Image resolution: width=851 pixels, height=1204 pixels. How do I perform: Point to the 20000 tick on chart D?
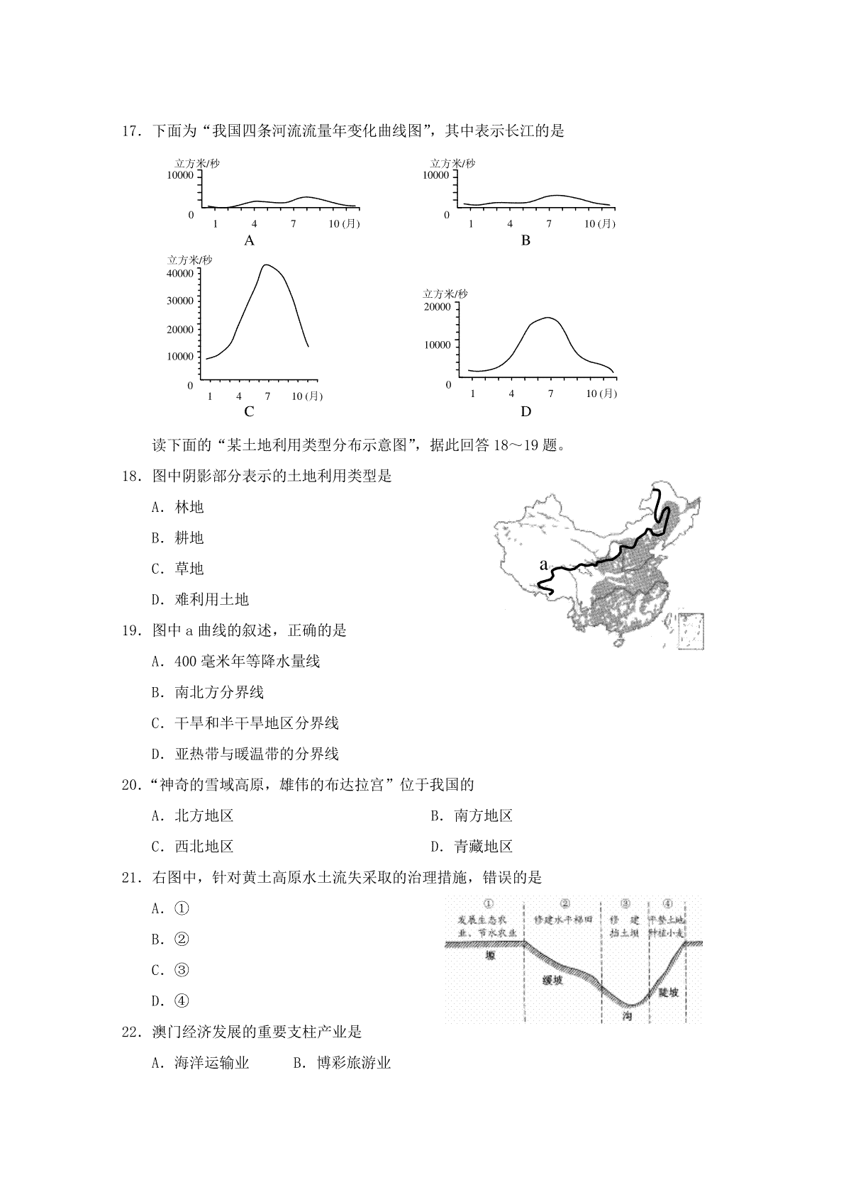tap(437, 306)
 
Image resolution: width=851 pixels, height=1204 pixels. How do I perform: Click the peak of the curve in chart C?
tap(266, 265)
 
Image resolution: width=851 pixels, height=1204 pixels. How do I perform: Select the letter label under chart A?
tap(249, 240)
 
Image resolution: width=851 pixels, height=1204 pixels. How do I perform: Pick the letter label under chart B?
tap(525, 240)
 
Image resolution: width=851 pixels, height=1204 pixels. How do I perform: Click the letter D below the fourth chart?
tap(525, 411)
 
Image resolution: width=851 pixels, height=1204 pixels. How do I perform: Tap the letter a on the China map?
tap(543, 564)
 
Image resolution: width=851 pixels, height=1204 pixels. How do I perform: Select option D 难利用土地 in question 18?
tap(201, 600)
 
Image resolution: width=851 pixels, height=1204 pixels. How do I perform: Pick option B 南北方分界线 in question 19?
tap(208, 692)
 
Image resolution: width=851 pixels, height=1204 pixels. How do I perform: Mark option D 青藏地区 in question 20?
tap(472, 847)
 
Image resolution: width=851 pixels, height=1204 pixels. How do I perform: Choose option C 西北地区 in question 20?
tap(193, 847)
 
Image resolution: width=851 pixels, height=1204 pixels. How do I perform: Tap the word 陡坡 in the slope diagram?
tap(668, 992)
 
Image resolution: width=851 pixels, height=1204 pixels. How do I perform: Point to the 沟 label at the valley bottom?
tap(626, 1016)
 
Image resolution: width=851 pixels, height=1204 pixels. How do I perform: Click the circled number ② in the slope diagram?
tap(564, 904)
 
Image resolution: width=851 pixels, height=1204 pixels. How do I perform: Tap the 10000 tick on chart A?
tap(180, 175)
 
